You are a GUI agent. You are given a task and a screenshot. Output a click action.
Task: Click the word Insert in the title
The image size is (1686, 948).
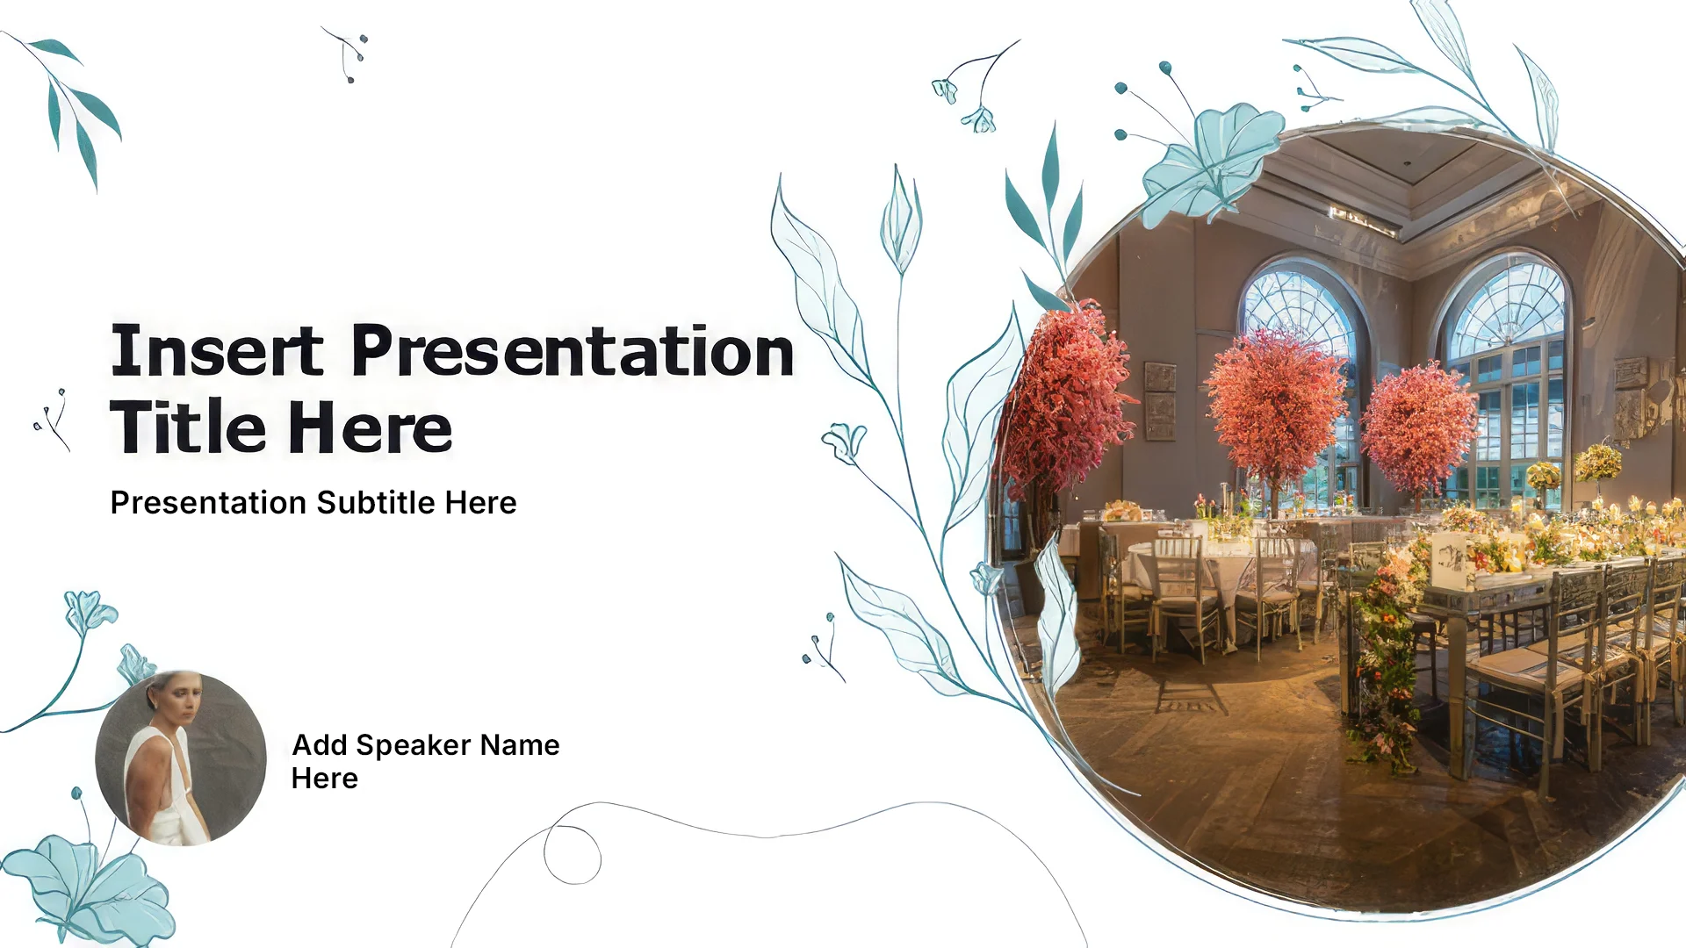[217, 350]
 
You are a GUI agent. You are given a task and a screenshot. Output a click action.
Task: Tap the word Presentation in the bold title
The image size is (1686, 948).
[573, 350]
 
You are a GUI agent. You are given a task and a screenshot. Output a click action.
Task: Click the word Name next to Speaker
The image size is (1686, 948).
[520, 745]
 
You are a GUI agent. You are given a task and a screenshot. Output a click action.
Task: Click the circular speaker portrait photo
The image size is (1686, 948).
[181, 758]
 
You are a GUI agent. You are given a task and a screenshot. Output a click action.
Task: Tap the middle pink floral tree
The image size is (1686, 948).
[1275, 404]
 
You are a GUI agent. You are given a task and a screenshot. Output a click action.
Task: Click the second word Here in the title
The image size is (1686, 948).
[370, 427]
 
